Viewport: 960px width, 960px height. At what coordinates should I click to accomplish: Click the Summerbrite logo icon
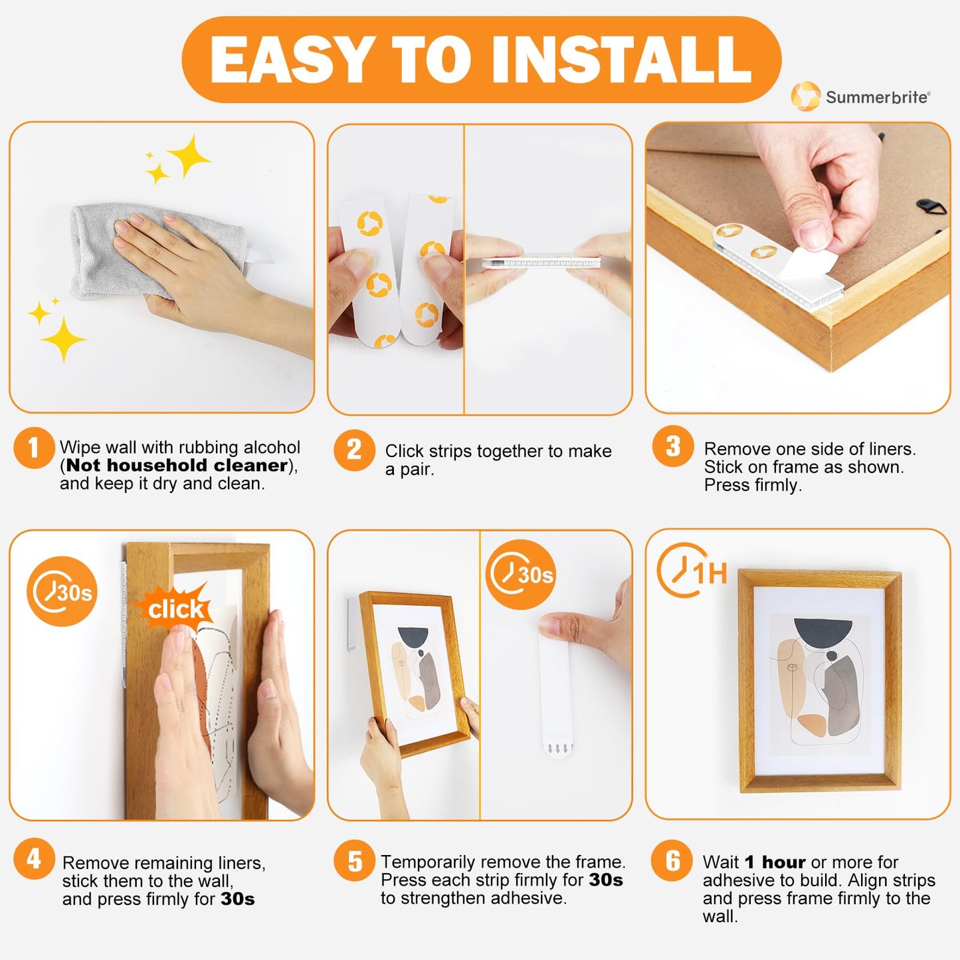pyautogui.click(x=805, y=96)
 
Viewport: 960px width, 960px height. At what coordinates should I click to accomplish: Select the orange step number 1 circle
pyautogui.click(x=33, y=448)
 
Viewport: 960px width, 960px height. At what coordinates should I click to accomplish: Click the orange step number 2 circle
pyautogui.click(x=354, y=450)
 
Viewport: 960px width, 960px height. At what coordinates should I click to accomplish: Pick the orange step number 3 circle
pyautogui.click(x=672, y=446)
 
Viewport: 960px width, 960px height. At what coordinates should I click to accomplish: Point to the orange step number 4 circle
pyautogui.click(x=33, y=859)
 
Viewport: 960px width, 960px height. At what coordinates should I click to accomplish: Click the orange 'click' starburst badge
pyautogui.click(x=175, y=608)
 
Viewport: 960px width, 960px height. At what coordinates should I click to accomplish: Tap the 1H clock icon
pyautogui.click(x=691, y=570)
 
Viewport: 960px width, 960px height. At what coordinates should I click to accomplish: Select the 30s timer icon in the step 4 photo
pyautogui.click(x=62, y=591)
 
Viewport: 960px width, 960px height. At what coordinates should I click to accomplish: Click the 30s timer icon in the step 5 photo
pyautogui.click(x=521, y=574)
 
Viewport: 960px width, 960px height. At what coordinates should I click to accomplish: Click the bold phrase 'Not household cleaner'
pyautogui.click(x=177, y=465)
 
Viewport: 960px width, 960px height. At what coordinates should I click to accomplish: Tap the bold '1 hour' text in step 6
pyautogui.click(x=775, y=862)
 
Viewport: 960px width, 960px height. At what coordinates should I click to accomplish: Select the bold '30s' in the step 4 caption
pyautogui.click(x=237, y=899)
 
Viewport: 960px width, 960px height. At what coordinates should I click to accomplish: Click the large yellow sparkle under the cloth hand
pyautogui.click(x=62, y=339)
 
